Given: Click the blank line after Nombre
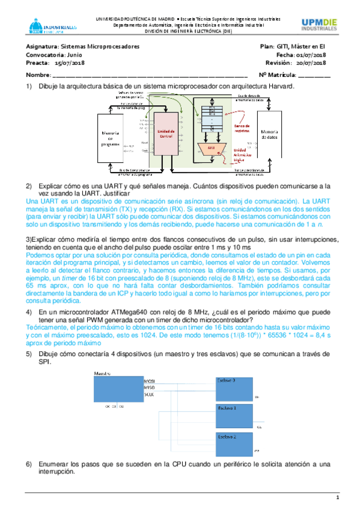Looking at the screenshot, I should click(x=150, y=75).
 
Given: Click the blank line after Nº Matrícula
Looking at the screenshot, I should click(x=314, y=75).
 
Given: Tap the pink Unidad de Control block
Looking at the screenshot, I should click(x=166, y=133).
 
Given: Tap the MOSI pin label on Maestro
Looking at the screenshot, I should click(x=149, y=381).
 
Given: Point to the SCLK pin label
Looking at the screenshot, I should click(x=149, y=394).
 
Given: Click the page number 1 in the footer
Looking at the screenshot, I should click(x=338, y=498).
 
